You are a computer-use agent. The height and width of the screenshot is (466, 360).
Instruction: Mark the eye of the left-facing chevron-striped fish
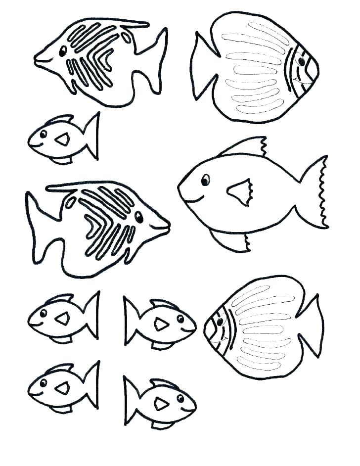coord(63,50)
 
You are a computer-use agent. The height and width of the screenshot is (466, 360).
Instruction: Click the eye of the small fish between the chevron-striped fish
coord(43,134)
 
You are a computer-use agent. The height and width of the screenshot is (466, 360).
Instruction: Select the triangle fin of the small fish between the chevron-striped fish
coord(62,140)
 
